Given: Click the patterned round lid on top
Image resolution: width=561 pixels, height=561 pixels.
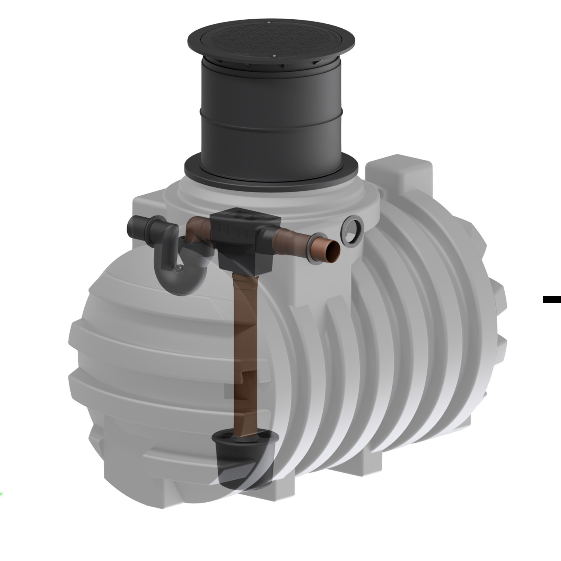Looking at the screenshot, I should tap(271, 39).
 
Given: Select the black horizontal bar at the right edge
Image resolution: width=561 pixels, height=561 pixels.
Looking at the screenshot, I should tap(551, 299).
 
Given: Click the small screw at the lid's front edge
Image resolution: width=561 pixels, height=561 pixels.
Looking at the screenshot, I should tap(274, 56).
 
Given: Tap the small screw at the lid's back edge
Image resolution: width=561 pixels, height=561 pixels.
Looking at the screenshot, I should tap(269, 22).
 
